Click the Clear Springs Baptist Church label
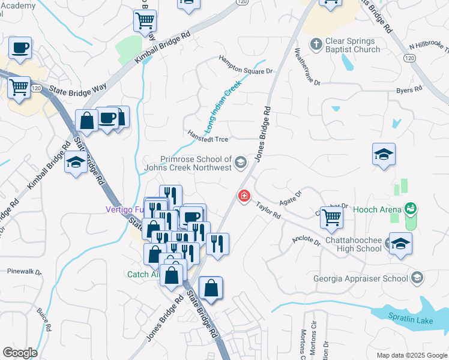(x=353, y=44)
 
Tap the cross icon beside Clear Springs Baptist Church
(x=316, y=44)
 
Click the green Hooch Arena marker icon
(x=411, y=209)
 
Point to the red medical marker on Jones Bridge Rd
(x=244, y=196)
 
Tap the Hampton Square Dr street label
(x=246, y=65)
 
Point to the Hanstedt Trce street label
(x=207, y=137)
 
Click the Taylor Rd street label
(x=268, y=211)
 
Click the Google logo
(x=20, y=353)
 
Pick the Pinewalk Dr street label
(x=25, y=271)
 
